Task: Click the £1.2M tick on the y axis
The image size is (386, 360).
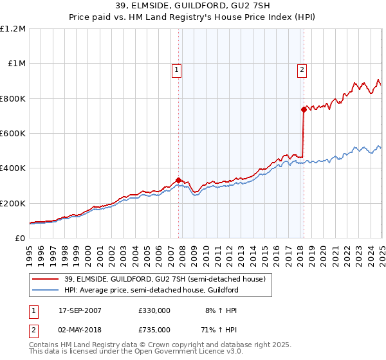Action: click(13, 29)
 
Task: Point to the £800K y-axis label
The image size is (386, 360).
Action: click(13, 98)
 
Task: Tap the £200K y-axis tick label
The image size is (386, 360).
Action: click(13, 203)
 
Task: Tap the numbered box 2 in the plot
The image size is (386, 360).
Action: click(302, 71)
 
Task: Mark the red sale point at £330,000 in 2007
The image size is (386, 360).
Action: click(178, 180)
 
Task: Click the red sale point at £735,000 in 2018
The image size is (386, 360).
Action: click(303, 109)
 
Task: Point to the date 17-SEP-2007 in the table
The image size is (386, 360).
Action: click(80, 310)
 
